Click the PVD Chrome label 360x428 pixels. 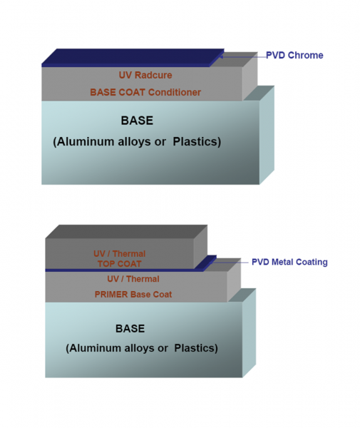[x=294, y=55]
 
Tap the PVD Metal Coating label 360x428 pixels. [x=289, y=262]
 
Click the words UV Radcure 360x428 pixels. [x=145, y=75]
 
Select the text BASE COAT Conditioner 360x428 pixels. [x=145, y=92]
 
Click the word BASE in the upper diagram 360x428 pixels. [x=137, y=121]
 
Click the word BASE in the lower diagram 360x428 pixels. [x=130, y=329]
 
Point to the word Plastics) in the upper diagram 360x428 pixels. [x=197, y=142]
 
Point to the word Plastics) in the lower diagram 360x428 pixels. [x=196, y=348]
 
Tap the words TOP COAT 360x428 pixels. [x=120, y=264]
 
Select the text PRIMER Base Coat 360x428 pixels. [x=133, y=295]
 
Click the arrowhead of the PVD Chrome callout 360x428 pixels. [x=221, y=57]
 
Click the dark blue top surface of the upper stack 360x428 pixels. [x=133, y=56]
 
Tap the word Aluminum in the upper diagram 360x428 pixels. [x=86, y=142]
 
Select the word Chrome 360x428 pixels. [x=305, y=55]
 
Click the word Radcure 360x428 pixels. [x=153, y=75]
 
